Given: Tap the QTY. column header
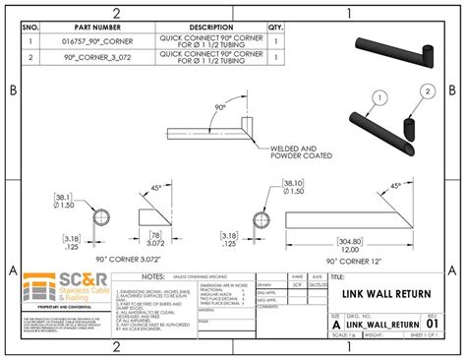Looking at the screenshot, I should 275,28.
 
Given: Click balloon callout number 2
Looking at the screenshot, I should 428,91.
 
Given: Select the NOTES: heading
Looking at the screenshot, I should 152,277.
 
